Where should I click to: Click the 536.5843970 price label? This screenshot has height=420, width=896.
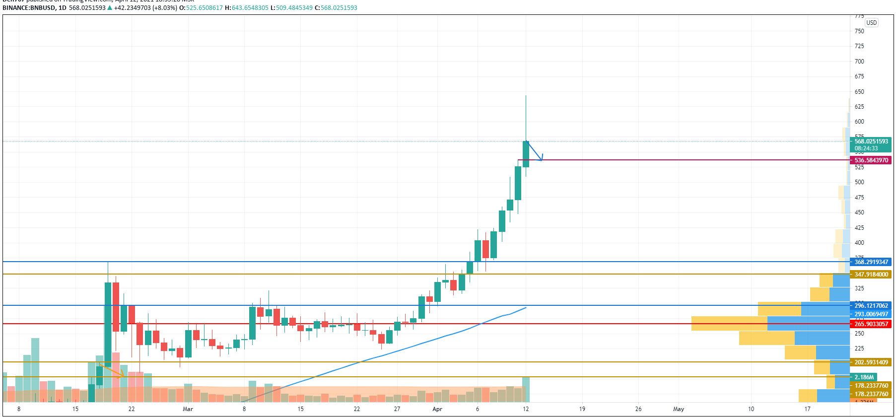pos(871,160)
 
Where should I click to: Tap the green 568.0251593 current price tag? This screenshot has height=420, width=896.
pos(871,141)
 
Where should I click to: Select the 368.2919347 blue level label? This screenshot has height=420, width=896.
pos(871,262)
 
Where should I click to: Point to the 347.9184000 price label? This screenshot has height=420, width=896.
pos(871,275)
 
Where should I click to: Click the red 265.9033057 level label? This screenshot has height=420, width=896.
pos(871,324)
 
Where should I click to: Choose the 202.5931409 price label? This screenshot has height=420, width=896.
pos(871,362)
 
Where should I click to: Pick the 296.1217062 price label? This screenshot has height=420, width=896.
pos(871,306)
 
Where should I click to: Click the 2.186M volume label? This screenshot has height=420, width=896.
pos(864,377)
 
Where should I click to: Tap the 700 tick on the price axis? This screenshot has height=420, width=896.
pos(859,62)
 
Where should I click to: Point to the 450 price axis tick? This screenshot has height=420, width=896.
pos(859,212)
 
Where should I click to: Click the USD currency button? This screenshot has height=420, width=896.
pos(872,23)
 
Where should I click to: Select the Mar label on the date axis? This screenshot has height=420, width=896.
pos(188,409)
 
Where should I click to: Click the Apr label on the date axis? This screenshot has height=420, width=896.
pos(437,409)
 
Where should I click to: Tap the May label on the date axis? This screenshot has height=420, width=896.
pos(679,409)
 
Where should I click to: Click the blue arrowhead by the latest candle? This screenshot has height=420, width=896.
pos(541,158)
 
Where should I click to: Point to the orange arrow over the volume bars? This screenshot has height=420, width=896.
pos(112,370)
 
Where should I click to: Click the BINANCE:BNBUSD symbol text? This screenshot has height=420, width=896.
pos(29,8)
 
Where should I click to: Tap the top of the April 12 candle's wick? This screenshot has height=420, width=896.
pos(526,96)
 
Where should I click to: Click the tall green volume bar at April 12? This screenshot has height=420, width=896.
pos(526,389)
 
